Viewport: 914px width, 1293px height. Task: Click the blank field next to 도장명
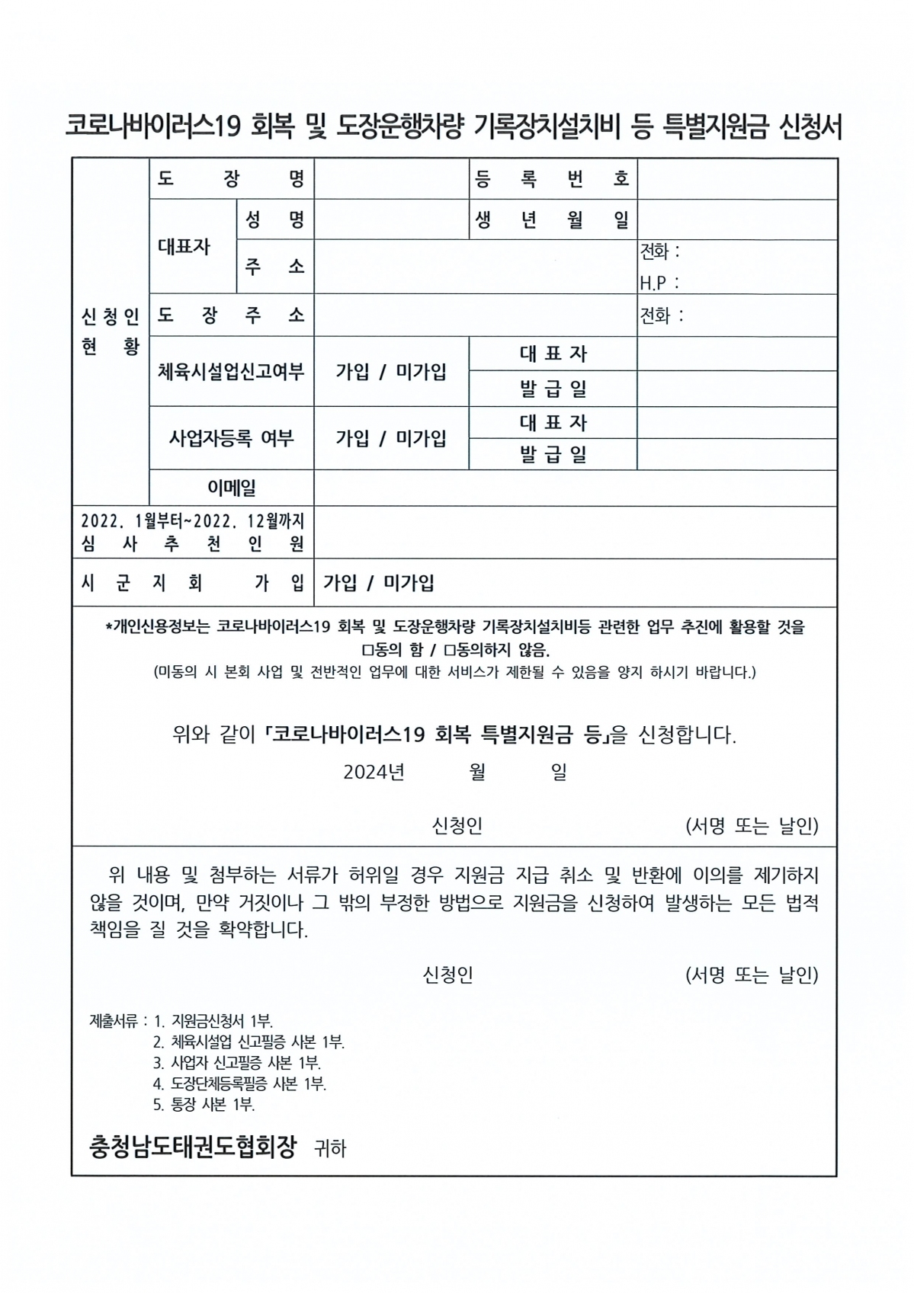coord(391,180)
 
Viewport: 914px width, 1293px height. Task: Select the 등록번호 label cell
coord(553,180)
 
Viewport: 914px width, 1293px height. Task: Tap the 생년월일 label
coord(553,220)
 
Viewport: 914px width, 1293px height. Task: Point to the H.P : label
coord(659,283)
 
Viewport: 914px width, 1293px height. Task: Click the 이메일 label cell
coord(232,488)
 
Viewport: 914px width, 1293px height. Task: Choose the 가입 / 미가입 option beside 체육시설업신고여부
coord(391,372)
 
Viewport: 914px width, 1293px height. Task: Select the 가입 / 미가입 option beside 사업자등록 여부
coord(391,438)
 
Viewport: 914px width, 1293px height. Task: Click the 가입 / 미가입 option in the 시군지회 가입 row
coord(379,583)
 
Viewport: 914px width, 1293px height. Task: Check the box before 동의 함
coord(367,651)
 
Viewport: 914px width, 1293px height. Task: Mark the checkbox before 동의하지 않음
coord(449,651)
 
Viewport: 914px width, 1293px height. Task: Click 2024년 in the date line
coord(374,773)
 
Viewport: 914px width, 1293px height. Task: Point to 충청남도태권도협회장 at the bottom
coord(193,1147)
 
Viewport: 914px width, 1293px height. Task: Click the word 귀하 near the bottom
coord(330,1149)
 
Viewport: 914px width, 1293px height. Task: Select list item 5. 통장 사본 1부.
coord(204,1104)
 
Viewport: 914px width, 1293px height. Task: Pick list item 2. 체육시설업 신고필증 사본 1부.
coord(249,1042)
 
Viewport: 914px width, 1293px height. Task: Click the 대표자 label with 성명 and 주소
coord(184,246)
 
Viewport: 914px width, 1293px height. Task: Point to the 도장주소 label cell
coord(231,315)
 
